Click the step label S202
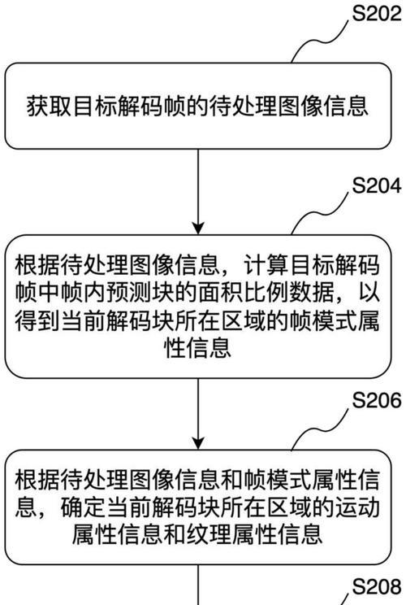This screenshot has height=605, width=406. pyautogui.click(x=377, y=13)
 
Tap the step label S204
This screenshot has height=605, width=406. pyautogui.click(x=377, y=186)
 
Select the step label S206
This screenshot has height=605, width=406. pyautogui.click(x=377, y=400)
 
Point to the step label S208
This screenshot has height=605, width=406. pyautogui.click(x=377, y=586)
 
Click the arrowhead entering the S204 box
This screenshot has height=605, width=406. pyautogui.click(x=198, y=229)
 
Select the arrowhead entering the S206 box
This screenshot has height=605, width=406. pyautogui.click(x=198, y=443)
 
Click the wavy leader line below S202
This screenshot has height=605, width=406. pyautogui.click(x=320, y=40)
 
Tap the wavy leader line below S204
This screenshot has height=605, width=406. pyautogui.click(x=320, y=213)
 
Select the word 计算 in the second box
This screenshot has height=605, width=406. pyautogui.click(x=266, y=265)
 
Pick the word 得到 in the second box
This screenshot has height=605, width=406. pyautogui.click(x=37, y=322)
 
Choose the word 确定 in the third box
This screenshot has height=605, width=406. pyautogui.click(x=84, y=507)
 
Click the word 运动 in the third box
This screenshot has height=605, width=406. pyautogui.click(x=356, y=507)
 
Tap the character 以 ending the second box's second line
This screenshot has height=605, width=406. pyautogui.click(x=369, y=294)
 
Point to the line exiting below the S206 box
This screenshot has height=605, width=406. pyautogui.click(x=198, y=585)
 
